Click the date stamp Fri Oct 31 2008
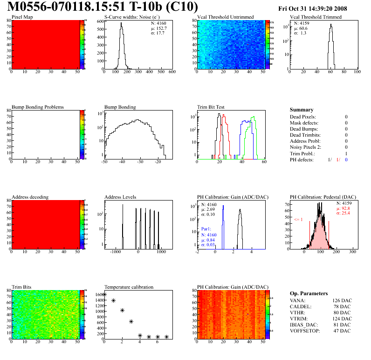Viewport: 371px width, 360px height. click(x=319, y=8)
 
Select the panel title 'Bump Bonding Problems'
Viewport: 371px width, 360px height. click(x=37, y=107)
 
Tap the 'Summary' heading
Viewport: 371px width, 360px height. click(x=302, y=110)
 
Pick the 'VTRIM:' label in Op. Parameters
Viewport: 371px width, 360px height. click(x=299, y=318)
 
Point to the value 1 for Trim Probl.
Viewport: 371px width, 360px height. click(x=346, y=153)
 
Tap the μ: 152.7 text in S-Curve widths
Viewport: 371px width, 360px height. click(x=158, y=28)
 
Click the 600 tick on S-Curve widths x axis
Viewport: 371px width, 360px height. click(x=172, y=72)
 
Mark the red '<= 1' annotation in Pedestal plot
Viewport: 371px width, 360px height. click(x=299, y=219)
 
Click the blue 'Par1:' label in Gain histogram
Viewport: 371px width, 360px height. click(x=206, y=229)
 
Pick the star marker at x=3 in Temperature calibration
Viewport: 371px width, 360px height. click(x=131, y=321)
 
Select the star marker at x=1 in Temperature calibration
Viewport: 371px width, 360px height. click(x=113, y=301)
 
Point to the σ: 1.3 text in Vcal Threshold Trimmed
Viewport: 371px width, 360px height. click(x=300, y=33)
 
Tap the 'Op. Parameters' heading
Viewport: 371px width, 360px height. click(x=309, y=293)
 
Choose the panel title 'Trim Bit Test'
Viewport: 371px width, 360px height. click(x=211, y=107)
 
